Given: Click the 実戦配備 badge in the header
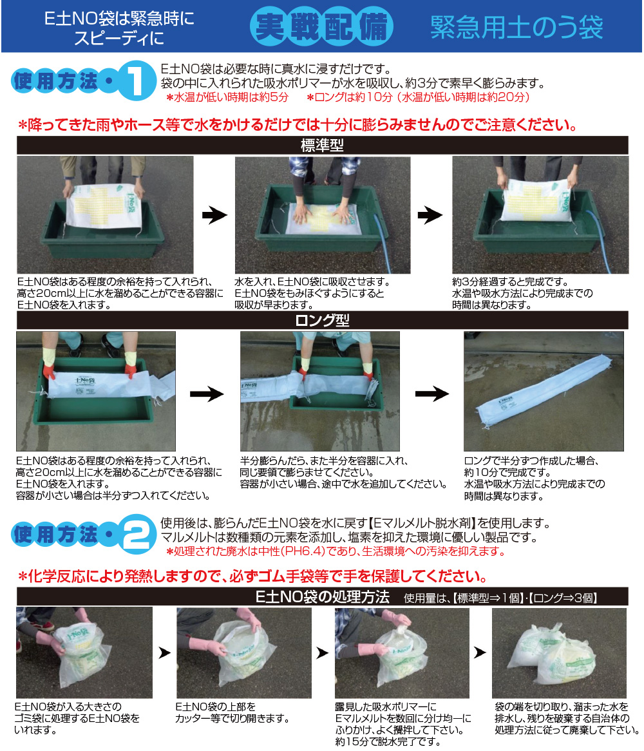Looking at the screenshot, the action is tap(322, 26).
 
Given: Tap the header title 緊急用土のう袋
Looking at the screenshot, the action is tap(516, 27).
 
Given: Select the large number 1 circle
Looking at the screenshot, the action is tap(137, 81).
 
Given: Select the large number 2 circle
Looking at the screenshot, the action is tap(137, 534).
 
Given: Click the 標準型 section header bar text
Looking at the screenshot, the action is tap(322, 145).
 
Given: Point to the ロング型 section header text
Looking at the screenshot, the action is tap(322, 320).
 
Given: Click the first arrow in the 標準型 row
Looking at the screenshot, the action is tap(214, 215).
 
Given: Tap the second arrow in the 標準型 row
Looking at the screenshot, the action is tap(430, 215).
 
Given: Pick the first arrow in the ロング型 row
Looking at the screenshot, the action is tap(206, 394).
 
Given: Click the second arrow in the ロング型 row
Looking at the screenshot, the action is tap(432, 394).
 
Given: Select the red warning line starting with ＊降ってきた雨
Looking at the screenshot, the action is tap(297, 125).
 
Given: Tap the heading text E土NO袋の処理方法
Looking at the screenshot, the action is tap(322, 597).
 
